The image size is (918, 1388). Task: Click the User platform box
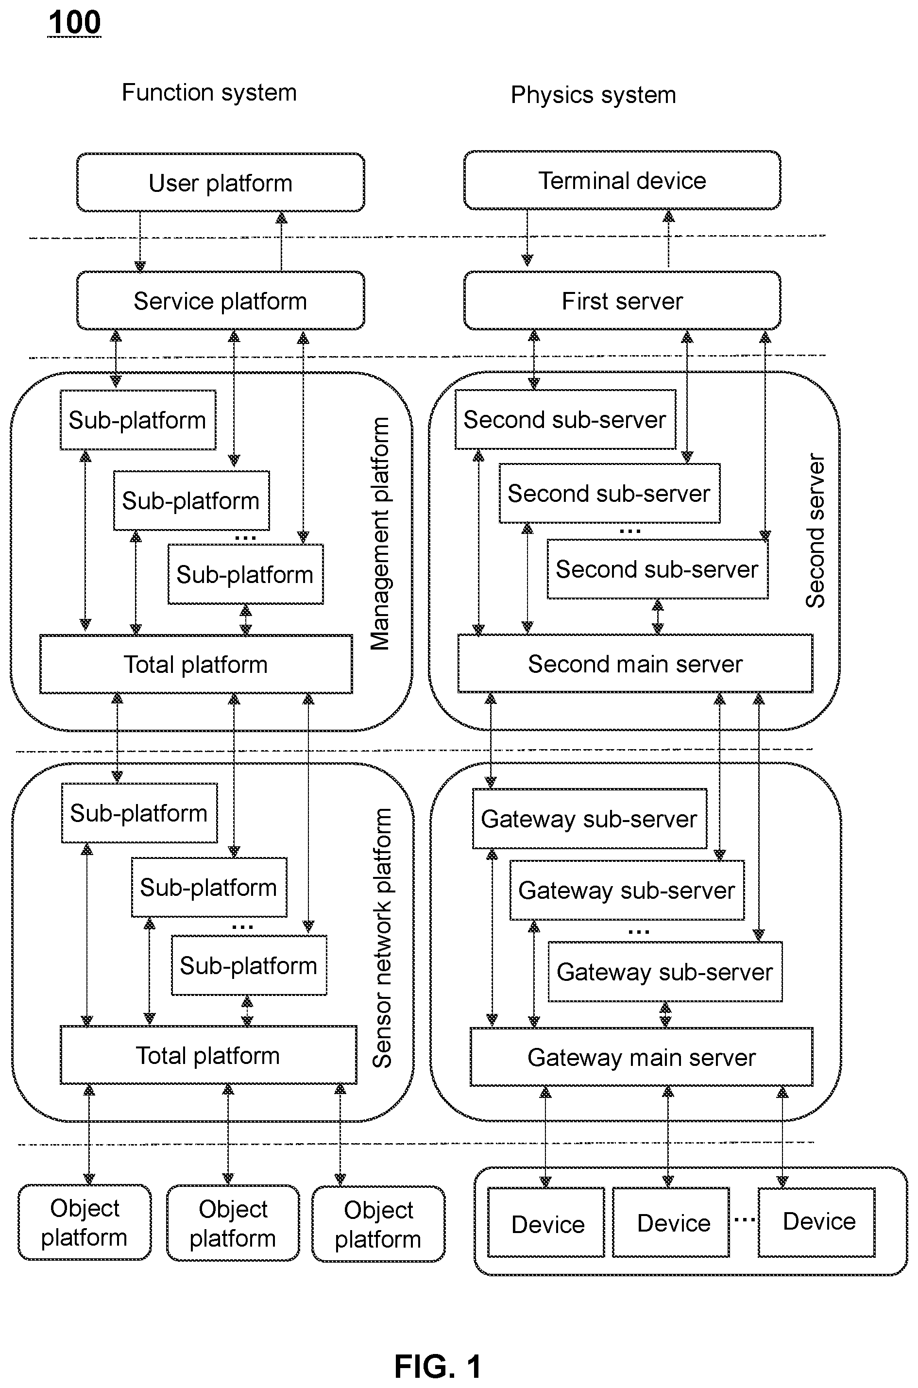tap(221, 182)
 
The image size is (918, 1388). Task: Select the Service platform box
tap(221, 300)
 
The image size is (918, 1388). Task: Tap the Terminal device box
tap(622, 180)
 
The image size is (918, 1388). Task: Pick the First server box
tap(622, 300)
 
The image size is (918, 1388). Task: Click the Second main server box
tap(635, 663)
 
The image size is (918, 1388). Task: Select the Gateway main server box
tap(642, 1057)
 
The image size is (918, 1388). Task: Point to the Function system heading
tap(209, 92)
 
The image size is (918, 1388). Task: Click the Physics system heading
tap(593, 95)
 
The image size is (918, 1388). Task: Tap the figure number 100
tap(74, 23)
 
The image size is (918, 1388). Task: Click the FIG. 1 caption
tap(438, 1367)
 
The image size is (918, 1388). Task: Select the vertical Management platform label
tap(380, 533)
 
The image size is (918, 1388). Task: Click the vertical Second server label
tap(815, 531)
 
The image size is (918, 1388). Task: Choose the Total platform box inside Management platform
tap(196, 664)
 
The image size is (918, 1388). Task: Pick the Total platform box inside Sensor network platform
tap(208, 1054)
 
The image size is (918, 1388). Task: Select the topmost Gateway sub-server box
tap(590, 819)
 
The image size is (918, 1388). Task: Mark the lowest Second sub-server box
tap(658, 569)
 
